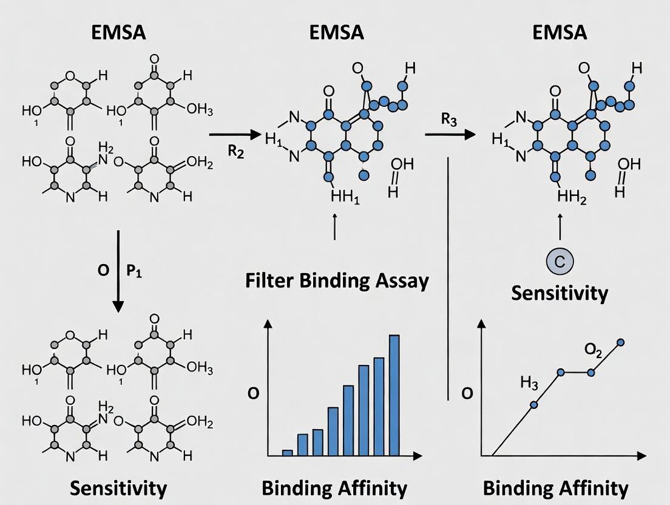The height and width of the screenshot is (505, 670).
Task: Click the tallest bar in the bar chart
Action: tap(394, 395)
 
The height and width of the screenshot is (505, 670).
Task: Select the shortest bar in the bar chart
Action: tap(288, 452)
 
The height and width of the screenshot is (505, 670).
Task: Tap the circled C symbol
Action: tap(560, 261)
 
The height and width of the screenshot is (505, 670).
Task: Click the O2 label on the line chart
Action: tap(594, 349)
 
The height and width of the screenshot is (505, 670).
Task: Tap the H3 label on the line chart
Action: tap(529, 382)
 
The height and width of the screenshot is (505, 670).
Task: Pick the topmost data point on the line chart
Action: tap(620, 343)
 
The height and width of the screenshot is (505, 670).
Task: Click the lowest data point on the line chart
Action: tap(534, 405)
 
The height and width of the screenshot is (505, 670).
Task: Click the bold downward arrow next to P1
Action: tap(118, 267)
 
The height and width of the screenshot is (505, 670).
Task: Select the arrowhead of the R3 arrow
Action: tap(470, 134)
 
